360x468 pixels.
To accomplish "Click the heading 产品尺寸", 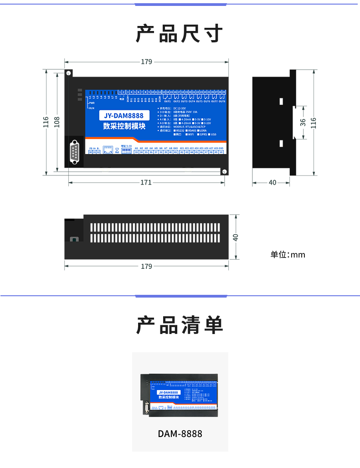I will click(x=180, y=34).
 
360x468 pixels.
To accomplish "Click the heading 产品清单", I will click(x=180, y=325).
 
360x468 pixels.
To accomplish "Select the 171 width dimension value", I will click(x=146, y=182).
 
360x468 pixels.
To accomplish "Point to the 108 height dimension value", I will click(x=57, y=122).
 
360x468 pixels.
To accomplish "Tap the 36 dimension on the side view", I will click(x=303, y=122).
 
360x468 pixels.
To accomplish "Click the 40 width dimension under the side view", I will click(x=272, y=182).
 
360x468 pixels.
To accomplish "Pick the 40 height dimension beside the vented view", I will click(x=236, y=237).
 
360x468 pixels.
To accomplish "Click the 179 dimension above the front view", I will click(x=146, y=62).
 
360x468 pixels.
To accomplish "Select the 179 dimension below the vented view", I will click(x=146, y=266).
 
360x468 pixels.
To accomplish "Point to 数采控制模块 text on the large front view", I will click(x=123, y=126).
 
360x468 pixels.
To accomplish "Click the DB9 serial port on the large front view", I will click(x=74, y=152).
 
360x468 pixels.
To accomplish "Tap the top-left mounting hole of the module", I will click(x=68, y=73).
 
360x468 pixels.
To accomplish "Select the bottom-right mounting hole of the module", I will click(x=224, y=171).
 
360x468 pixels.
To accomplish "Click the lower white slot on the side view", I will click(x=282, y=144).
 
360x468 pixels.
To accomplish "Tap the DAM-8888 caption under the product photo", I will click(x=180, y=433).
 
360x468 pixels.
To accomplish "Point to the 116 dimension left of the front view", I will click(x=46, y=122).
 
